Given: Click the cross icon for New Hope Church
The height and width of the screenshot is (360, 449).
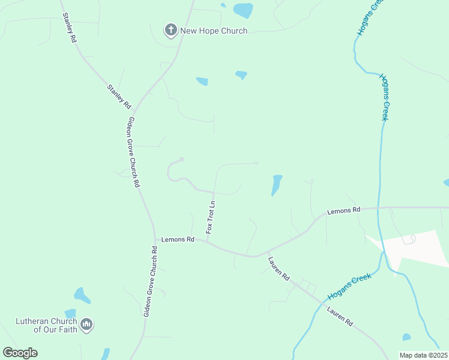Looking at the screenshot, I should (x=170, y=29).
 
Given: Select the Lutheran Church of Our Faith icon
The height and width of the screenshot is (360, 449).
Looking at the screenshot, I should (x=86, y=325).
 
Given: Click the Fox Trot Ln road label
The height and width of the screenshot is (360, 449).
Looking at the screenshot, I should (x=211, y=218).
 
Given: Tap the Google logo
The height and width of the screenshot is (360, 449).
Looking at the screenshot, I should (x=20, y=353).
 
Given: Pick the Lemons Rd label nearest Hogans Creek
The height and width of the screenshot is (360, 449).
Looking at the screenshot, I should (x=343, y=211).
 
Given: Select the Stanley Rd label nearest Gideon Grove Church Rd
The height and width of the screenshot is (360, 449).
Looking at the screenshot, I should (x=119, y=96).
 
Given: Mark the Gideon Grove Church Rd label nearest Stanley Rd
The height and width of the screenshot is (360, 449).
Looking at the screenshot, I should (x=133, y=152).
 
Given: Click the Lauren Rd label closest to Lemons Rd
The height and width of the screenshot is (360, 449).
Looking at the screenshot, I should (x=279, y=269).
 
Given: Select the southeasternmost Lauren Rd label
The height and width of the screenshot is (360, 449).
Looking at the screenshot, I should (x=340, y=316).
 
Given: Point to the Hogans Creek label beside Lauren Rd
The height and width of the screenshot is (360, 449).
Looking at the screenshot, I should (x=350, y=287).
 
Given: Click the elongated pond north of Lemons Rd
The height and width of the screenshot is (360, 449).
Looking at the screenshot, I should (x=276, y=185).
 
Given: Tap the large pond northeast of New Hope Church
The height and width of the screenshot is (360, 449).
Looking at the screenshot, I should (x=243, y=10).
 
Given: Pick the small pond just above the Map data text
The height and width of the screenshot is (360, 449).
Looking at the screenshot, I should (x=407, y=337).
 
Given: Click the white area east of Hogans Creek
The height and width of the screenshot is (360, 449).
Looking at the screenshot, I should (x=420, y=246).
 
